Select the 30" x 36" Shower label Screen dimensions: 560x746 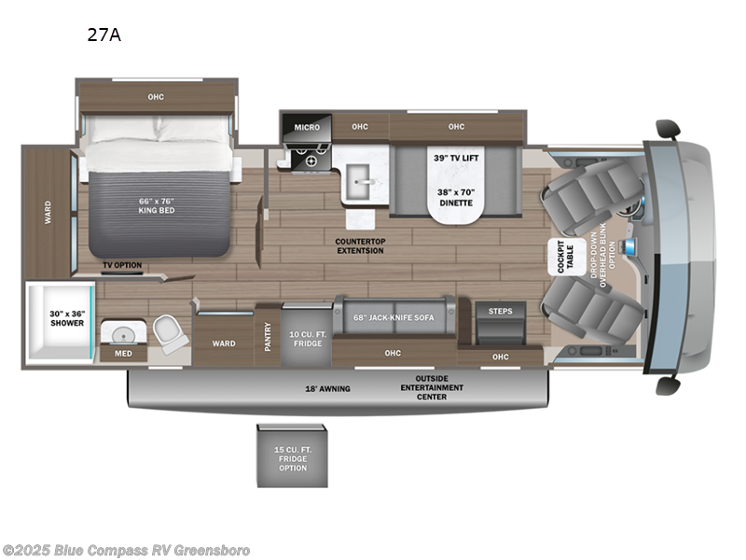click(67, 317)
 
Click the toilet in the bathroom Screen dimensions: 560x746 click(169, 332)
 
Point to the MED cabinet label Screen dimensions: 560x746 click(123, 353)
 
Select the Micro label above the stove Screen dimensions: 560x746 click(307, 127)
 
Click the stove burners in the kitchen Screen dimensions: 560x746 click(305, 160)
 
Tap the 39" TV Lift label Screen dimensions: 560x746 click(456, 158)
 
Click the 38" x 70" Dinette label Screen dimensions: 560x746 click(455, 196)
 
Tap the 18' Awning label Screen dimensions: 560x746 click(327, 388)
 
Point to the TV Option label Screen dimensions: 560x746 click(122, 265)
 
